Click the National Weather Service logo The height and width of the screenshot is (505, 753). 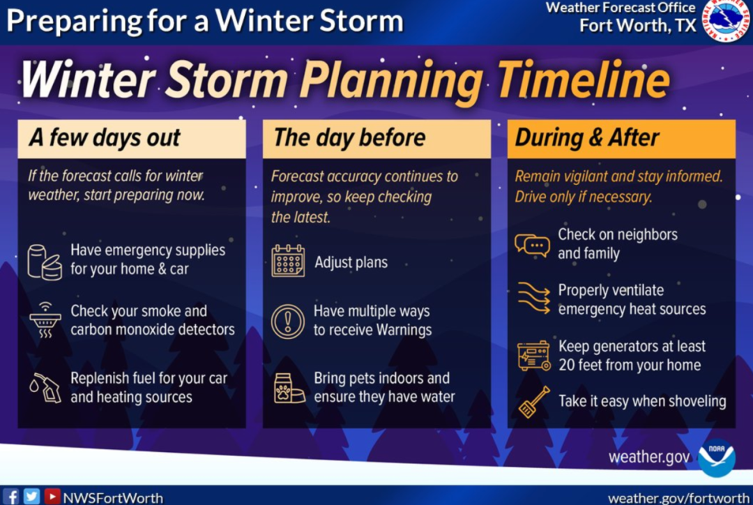click(726, 20)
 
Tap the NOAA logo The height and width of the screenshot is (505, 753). click(717, 458)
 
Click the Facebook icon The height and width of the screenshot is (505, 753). click(11, 496)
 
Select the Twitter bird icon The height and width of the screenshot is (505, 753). click(31, 496)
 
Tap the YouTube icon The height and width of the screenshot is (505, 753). click(52, 496)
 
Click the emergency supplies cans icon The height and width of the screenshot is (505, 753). click(45, 262)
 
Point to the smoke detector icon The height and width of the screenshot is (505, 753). click(45, 320)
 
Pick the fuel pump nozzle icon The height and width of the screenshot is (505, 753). click(45, 387)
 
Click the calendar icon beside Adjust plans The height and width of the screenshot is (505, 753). click(288, 261)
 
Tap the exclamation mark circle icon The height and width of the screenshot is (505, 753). click(288, 322)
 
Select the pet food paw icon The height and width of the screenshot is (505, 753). click(289, 388)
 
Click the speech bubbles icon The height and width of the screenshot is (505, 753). click(532, 245)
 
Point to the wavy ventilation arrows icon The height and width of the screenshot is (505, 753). click(533, 299)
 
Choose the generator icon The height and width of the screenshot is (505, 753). click(534, 356)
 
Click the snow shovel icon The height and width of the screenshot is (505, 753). click(534, 402)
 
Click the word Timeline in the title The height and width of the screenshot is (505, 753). click(584, 80)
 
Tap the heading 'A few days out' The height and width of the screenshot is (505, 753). click(105, 138)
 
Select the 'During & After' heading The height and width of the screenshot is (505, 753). click(587, 138)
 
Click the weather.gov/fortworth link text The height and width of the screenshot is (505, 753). click(678, 498)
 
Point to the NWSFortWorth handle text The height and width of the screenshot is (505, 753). click(114, 498)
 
